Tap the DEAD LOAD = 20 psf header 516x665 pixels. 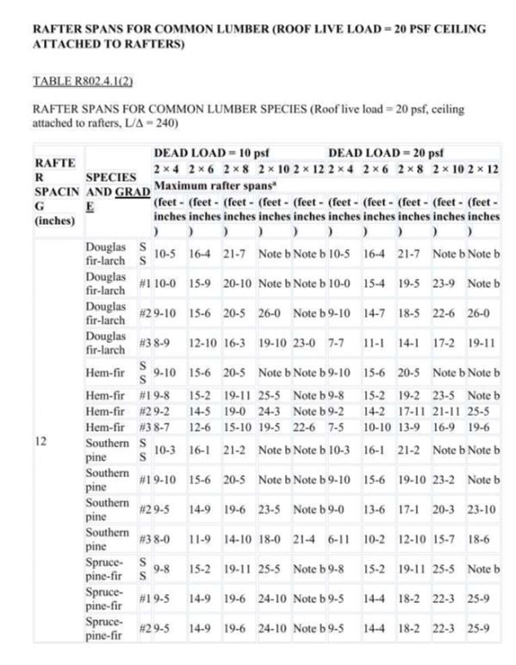[385, 152]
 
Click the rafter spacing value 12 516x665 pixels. [41, 440]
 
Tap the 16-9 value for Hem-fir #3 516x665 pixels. [446, 426]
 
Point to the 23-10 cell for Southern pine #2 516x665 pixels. [482, 509]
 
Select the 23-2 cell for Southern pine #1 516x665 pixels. [446, 479]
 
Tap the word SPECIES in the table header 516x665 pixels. [109, 173]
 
